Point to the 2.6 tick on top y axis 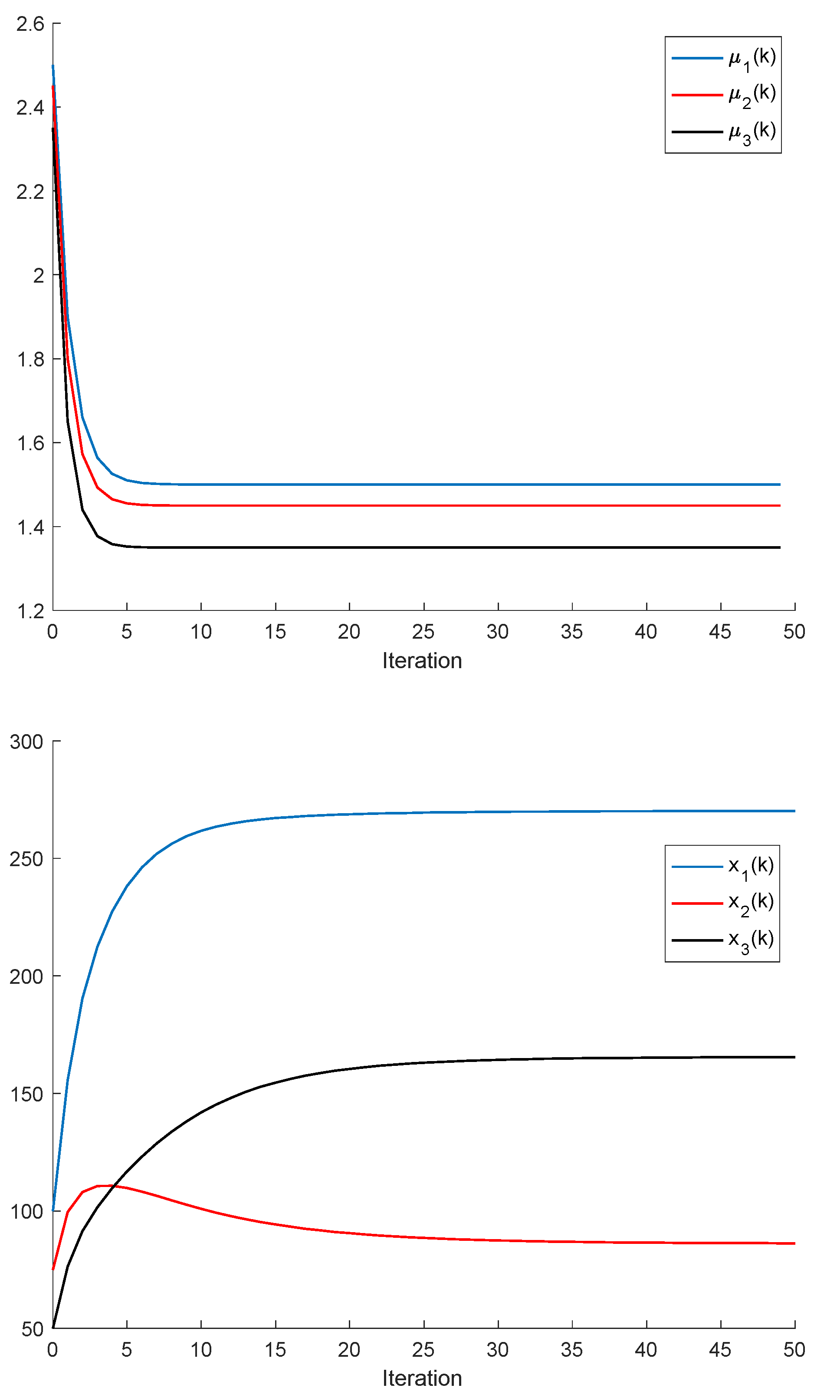[x=30, y=24]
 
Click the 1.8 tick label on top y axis [x=30, y=359]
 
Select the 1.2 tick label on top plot [x=30, y=611]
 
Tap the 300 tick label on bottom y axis [x=26, y=742]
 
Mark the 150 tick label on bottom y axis [x=26, y=1094]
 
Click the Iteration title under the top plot [x=422, y=661]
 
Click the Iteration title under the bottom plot [x=422, y=1378]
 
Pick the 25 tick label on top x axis [x=423, y=632]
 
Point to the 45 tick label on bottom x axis [x=720, y=1350]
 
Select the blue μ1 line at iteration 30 [x=498, y=485]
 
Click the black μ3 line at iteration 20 [x=349, y=547]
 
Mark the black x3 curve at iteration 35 [x=572, y=1058]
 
